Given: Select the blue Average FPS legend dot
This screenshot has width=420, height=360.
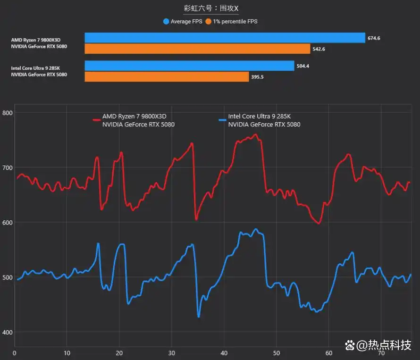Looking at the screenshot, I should pyautogui.click(x=166, y=21).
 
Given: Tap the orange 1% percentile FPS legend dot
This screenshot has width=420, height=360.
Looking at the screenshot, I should pyautogui.click(x=208, y=21).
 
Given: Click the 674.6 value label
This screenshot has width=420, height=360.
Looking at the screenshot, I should pyautogui.click(x=374, y=38).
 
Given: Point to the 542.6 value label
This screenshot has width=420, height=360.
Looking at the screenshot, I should pyautogui.click(x=319, y=49).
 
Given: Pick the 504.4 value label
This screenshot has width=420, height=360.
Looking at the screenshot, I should pyautogui.click(x=302, y=66).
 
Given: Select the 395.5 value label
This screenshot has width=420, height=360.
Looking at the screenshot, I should pyautogui.click(x=257, y=77).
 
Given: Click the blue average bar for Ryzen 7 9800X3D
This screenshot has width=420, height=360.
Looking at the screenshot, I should pyautogui.click(x=225, y=38).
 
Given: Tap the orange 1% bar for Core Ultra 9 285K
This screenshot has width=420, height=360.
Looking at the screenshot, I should pyautogui.click(x=167, y=77).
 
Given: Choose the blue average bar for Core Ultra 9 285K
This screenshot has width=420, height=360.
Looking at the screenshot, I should pyautogui.click(x=189, y=66).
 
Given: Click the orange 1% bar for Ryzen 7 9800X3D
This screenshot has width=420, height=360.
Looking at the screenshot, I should pyautogui.click(x=197, y=49).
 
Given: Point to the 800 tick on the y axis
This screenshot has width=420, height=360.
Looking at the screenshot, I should pyautogui.click(x=8, y=113).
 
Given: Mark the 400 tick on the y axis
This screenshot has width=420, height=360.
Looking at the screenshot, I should pyautogui.click(x=8, y=333).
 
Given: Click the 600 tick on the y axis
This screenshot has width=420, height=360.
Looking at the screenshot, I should pyautogui.click(x=8, y=223).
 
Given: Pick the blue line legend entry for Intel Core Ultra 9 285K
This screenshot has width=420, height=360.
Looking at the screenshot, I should pyautogui.click(x=260, y=120).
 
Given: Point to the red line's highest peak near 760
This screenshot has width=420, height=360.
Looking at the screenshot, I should pyautogui.click(x=255, y=134).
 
